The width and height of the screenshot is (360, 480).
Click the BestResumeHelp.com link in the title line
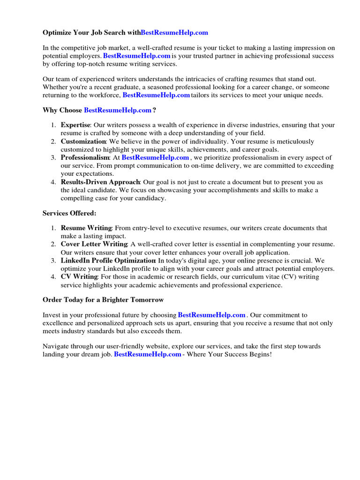[x=174, y=33]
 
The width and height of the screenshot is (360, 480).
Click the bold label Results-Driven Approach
[x=100, y=182]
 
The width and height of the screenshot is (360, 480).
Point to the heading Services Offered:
[x=69, y=213]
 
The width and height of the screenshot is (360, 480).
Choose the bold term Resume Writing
[x=86, y=228]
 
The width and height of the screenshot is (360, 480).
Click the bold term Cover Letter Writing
[x=94, y=244]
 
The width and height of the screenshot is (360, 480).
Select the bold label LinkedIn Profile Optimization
[x=108, y=261]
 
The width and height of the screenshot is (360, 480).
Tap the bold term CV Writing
[x=79, y=277]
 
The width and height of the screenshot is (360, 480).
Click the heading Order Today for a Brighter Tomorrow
[x=103, y=300]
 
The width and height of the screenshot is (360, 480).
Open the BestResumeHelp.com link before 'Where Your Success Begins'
[x=148, y=354]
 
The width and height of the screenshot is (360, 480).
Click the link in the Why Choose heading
[x=118, y=110]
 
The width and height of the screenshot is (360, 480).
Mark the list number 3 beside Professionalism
[x=53, y=157]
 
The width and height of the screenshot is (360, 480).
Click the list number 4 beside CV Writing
[x=53, y=277]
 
